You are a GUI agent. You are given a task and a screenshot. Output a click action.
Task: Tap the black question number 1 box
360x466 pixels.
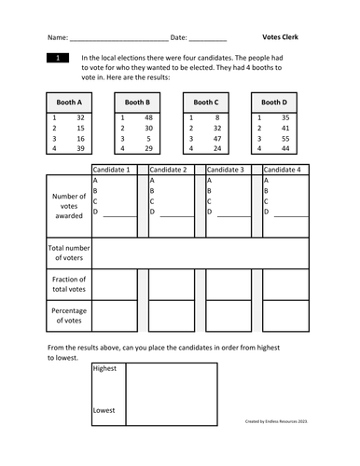[58, 58]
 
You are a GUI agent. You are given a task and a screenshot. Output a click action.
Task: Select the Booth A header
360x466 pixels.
[68, 102]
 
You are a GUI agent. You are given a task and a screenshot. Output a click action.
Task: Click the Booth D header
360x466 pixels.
[274, 102]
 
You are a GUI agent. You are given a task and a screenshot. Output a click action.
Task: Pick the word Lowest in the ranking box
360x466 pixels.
[104, 410]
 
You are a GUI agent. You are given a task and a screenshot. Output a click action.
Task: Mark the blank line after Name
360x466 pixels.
[119, 39]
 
